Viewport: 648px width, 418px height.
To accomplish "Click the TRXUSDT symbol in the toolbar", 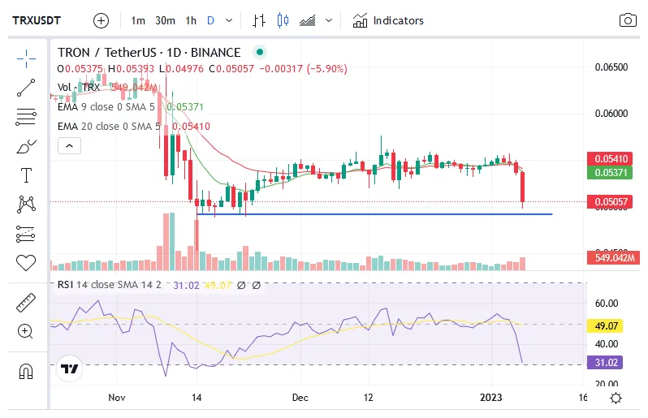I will (x=39, y=20).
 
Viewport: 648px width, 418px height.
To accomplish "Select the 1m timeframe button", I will (x=138, y=20).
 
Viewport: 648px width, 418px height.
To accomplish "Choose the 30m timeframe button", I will (x=165, y=20).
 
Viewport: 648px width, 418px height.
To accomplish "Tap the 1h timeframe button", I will (x=191, y=20).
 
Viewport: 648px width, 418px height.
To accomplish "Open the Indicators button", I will (x=388, y=20).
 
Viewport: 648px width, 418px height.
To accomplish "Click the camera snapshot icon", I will (x=628, y=20).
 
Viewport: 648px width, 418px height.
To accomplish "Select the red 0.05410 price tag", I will (x=611, y=158).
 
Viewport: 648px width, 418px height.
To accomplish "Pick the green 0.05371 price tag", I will (x=611, y=172).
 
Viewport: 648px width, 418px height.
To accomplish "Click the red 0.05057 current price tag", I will (x=611, y=201).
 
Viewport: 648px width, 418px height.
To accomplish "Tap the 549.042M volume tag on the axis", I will (x=613, y=258).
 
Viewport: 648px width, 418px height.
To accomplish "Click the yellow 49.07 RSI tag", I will (x=604, y=325).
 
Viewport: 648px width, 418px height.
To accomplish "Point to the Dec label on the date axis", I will (x=300, y=398).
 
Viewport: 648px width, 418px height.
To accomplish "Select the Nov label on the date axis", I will (x=117, y=398).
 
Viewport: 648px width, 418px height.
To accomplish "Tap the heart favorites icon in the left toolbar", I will (x=26, y=263).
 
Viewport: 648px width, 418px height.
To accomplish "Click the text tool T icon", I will (x=26, y=175).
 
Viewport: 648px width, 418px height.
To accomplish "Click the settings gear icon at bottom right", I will (x=616, y=398).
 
